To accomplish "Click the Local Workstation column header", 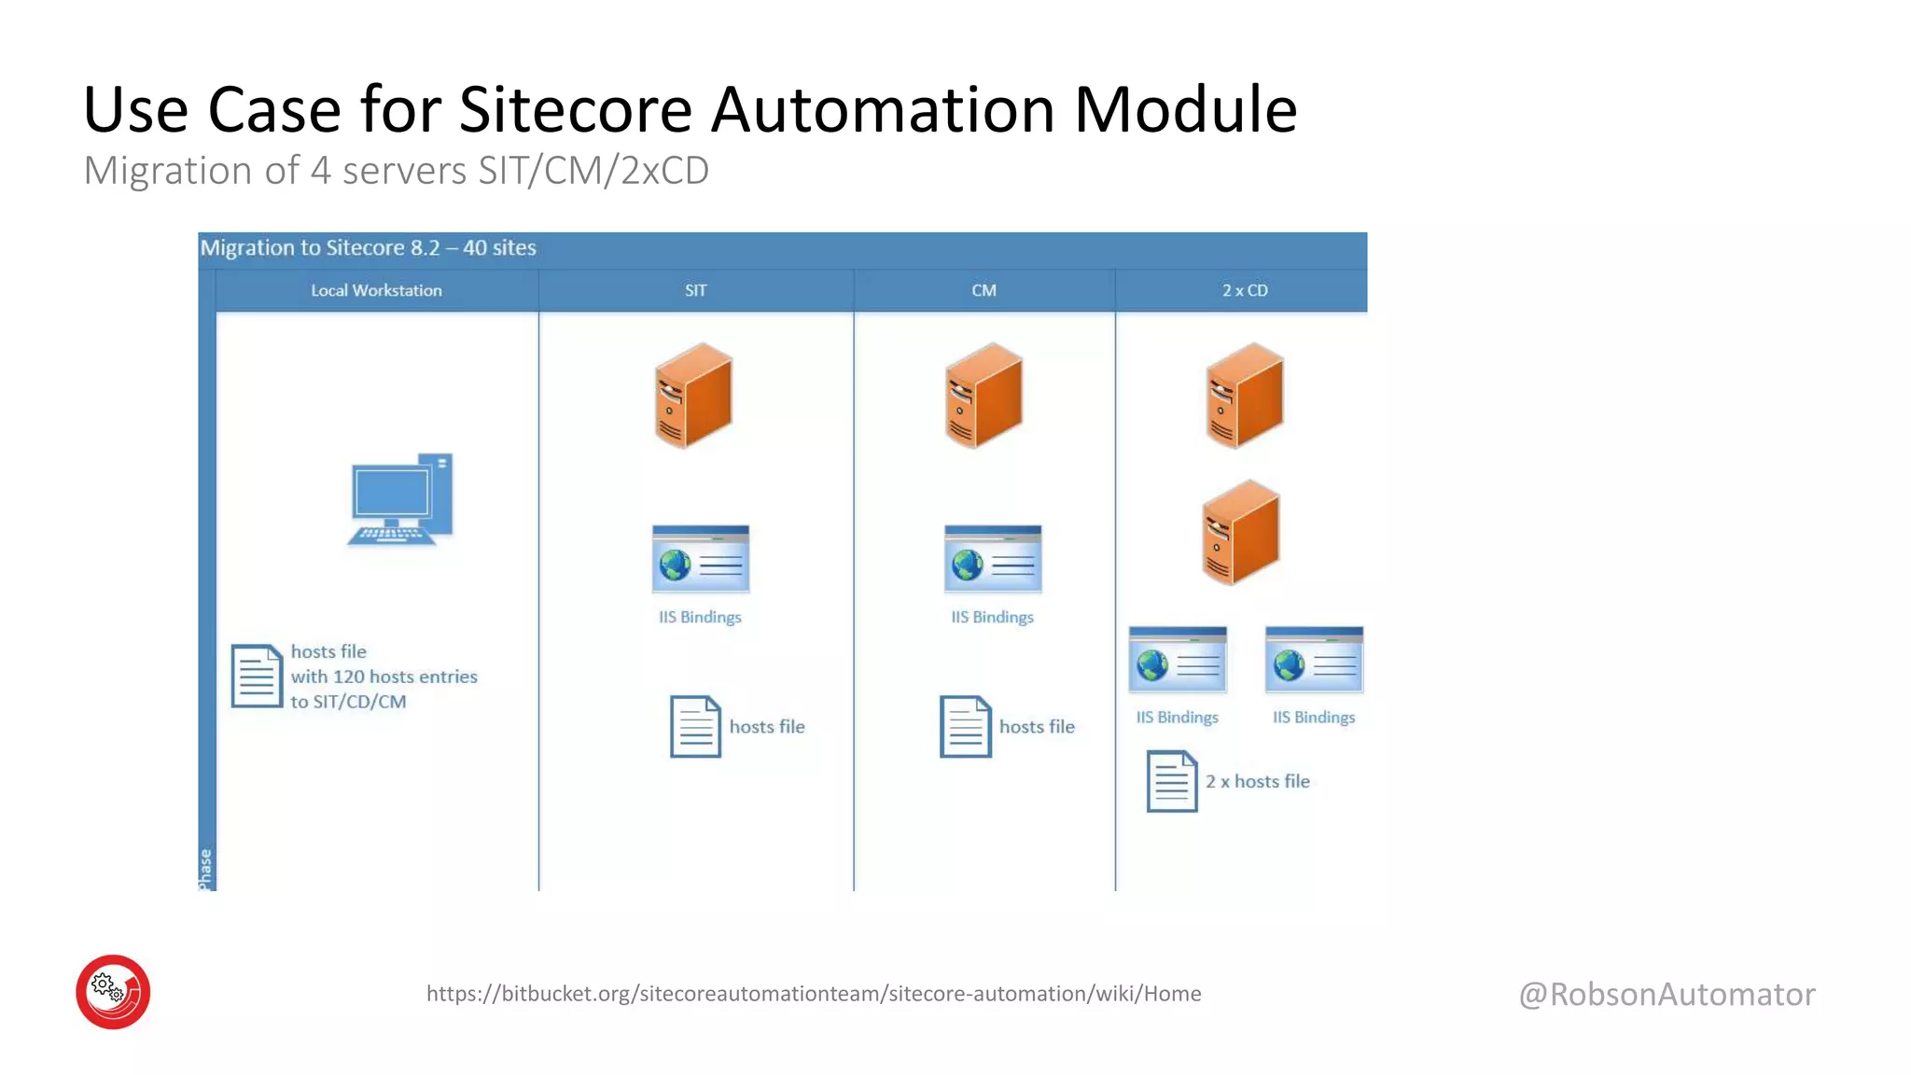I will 376,290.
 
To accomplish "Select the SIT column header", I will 695,290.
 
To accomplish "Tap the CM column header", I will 983,290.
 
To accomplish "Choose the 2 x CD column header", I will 1245,290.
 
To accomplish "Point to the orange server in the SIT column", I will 693,395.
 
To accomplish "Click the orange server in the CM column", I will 983,395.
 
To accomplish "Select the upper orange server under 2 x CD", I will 1245,395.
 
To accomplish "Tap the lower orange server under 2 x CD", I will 1240,532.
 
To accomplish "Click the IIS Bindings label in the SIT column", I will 700,617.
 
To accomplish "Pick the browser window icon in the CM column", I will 992,559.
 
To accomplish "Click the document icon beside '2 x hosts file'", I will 1171,781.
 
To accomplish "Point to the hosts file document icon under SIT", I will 695,726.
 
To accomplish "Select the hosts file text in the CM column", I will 1037,726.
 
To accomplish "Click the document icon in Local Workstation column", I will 257,676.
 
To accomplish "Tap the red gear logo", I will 113,991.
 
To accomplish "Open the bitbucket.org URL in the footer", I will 814,993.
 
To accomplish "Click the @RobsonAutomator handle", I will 1667,994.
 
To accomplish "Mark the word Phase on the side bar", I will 205,869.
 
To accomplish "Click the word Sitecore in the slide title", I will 575,110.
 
